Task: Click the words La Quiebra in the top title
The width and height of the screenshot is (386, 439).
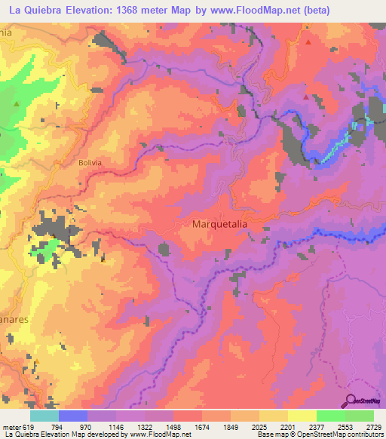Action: click(x=34, y=10)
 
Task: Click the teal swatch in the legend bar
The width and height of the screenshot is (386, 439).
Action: click(x=44, y=416)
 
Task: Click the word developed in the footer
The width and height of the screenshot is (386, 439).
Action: click(x=102, y=434)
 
